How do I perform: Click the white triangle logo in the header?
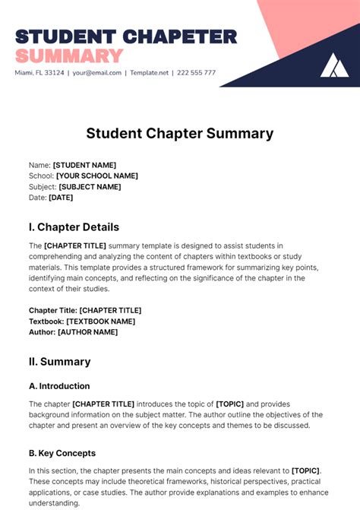coord(334,65)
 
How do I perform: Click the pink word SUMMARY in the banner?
coord(69,55)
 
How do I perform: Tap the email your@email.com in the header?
coord(98,73)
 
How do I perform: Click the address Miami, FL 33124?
coord(39,73)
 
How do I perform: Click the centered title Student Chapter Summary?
coord(180,134)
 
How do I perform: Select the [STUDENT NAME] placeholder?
coord(84,165)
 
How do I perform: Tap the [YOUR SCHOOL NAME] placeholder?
coord(97,176)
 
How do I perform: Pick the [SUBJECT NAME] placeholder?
coord(90,187)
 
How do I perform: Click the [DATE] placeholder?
coord(61,198)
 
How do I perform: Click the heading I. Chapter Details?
coord(74,226)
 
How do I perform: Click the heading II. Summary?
coord(60,362)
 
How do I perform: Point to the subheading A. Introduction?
coord(59,386)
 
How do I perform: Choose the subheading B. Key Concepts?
coord(62,453)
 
